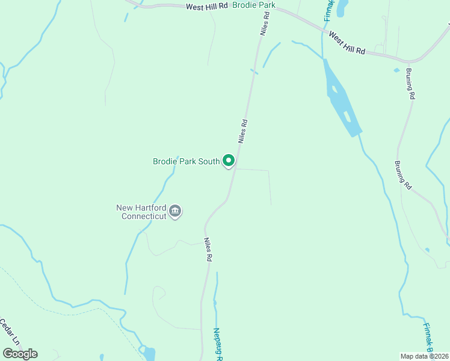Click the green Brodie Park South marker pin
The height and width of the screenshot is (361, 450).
[229, 161]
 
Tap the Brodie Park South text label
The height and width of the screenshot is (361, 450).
[186, 161]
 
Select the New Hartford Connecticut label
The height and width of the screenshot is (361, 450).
[141, 212]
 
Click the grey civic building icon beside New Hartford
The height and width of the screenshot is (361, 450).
[176, 211]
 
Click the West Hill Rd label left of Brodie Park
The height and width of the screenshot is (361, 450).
[207, 6]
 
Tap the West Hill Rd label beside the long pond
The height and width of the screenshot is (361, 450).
[347, 43]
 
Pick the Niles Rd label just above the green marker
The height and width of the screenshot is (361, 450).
[242, 131]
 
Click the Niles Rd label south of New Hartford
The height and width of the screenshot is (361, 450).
[208, 249]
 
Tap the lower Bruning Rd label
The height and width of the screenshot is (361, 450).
[402, 175]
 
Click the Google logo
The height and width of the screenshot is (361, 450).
[20, 354]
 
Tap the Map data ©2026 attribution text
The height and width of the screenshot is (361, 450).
[425, 356]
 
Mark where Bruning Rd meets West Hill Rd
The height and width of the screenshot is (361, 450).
[408, 62]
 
